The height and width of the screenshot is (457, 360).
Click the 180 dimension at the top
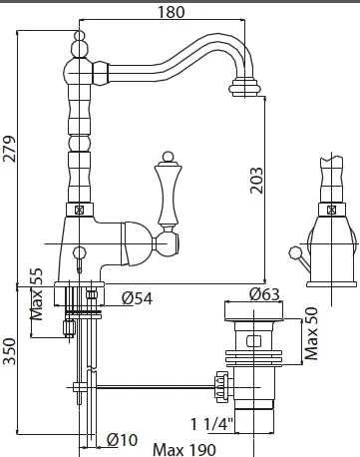tap(171, 12)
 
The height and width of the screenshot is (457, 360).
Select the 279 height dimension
tap(9, 149)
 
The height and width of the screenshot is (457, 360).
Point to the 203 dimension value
tap(256, 181)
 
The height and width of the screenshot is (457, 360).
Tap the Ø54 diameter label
tap(137, 298)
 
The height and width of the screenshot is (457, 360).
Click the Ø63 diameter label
tap(264, 294)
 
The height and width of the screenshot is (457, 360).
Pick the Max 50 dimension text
tap(311, 334)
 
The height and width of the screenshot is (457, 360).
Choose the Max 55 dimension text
tap(37, 294)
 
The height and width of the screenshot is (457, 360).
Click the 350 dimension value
tap(9, 351)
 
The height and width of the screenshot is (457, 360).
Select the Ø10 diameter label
tap(122, 440)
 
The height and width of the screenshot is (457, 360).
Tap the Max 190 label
tap(184, 450)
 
